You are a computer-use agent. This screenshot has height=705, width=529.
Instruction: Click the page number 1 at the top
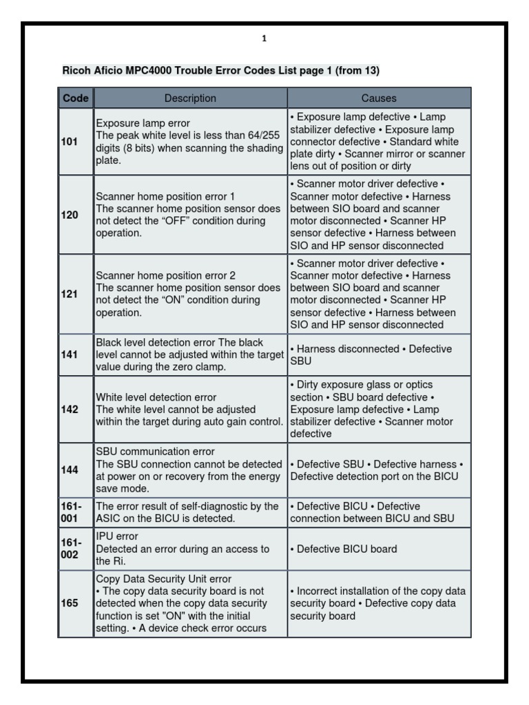click(x=264, y=39)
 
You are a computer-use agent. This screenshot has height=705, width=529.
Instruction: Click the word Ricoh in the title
click(x=76, y=70)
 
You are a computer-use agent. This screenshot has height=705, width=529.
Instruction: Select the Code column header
click(x=75, y=98)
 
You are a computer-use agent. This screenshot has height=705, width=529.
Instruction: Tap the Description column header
click(x=190, y=98)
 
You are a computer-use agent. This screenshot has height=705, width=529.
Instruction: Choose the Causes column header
click(x=379, y=98)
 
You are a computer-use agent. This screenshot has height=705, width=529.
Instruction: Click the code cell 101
click(x=69, y=141)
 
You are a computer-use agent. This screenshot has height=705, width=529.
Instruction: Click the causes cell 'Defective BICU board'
click(x=344, y=549)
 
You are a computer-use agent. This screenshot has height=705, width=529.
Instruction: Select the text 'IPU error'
click(x=117, y=536)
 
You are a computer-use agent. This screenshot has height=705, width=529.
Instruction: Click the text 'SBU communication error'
click(x=155, y=452)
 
